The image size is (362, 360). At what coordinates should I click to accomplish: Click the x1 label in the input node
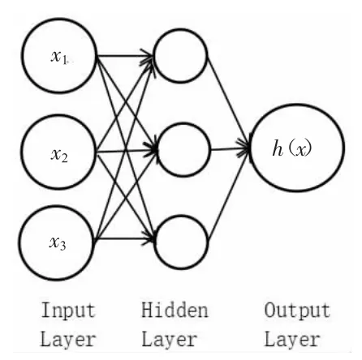58,57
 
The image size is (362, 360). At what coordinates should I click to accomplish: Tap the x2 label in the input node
59,156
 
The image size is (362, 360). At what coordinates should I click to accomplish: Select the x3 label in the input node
58,243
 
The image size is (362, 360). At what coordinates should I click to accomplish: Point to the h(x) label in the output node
292,148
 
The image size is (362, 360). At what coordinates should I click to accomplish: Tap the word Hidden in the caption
175,310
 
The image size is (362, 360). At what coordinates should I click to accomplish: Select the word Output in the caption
297,311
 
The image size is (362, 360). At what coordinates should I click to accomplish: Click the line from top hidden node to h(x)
228,100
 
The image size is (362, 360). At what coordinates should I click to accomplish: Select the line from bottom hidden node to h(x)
229,196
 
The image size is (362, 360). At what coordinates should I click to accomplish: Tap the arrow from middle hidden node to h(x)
231,149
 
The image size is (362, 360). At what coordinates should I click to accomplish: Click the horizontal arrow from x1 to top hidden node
125,56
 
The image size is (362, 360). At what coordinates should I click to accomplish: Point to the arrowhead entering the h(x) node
244,148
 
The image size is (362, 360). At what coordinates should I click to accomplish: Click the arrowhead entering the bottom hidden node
149,238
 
